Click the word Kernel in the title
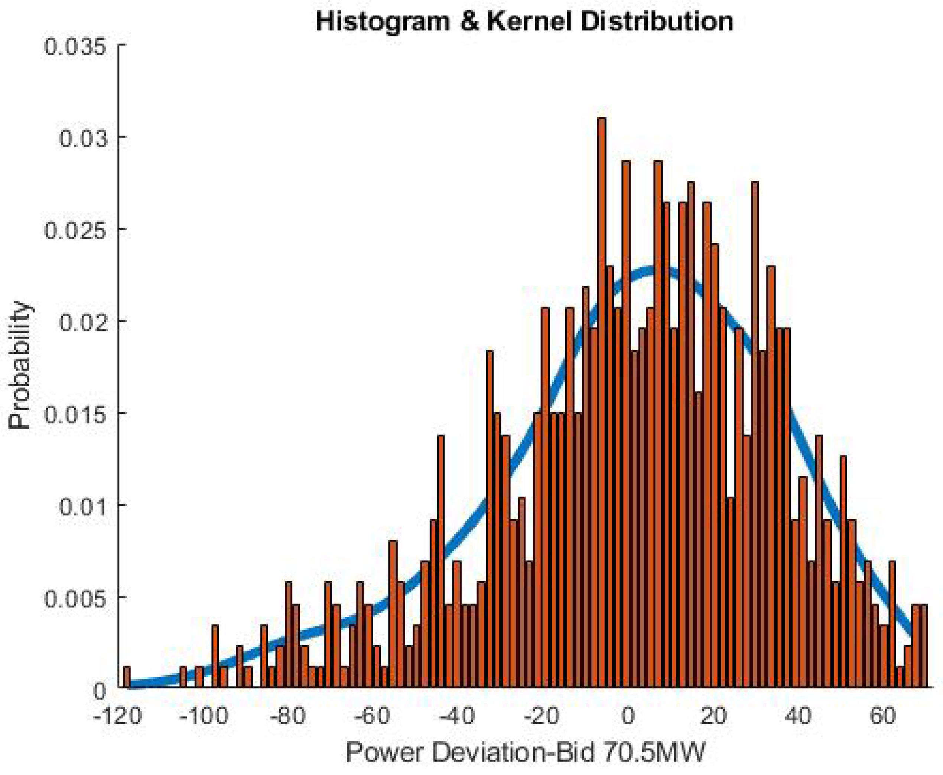pos(529,21)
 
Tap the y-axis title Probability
pos(20,365)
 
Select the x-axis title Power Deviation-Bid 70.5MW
pos(525,753)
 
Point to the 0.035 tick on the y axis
pos(76,46)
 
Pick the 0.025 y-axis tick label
pos(76,230)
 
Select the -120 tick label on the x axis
pos(118,716)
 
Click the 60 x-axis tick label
pos(883,716)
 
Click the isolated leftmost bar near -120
pos(127,678)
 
